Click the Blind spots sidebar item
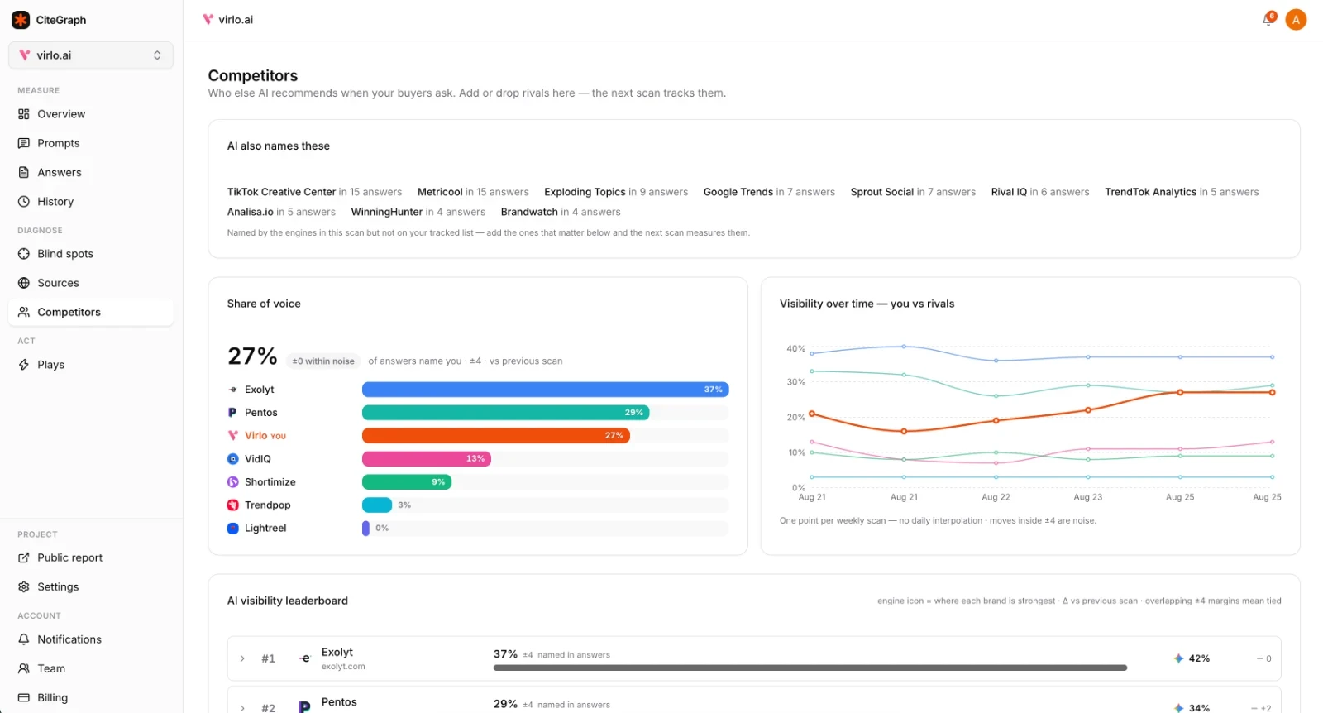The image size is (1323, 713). coord(65,253)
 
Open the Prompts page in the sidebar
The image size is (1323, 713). coord(58,143)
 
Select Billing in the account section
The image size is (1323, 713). coord(52,697)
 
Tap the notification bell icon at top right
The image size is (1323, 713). coord(1268,20)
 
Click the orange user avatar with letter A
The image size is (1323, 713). coord(1296,20)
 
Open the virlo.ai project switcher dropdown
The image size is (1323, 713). coord(91,55)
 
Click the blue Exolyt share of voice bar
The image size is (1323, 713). coord(545,390)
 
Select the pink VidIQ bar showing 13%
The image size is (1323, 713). coord(427,458)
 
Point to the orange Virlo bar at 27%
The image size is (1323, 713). coord(496,435)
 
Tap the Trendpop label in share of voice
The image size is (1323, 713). coord(268,505)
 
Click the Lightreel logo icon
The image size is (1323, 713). coord(232,528)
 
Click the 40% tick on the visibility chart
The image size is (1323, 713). coord(795,348)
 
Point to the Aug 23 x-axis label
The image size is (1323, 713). coord(1088,497)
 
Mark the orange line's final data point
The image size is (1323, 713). coord(1273,392)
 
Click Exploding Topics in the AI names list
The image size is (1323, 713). coord(585,192)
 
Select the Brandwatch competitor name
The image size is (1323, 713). coord(529,212)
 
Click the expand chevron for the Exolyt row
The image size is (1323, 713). coord(242,658)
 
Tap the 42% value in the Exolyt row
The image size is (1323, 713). coord(1199,658)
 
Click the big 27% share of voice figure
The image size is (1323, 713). coord(252,356)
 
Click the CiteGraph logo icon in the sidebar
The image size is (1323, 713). coord(21,20)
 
